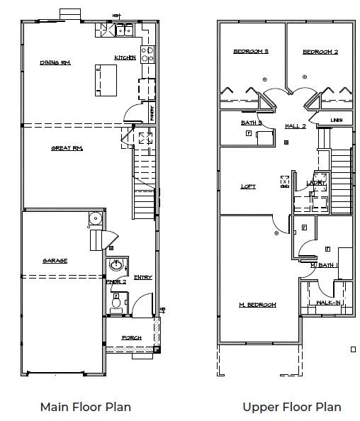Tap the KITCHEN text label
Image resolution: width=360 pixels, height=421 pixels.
coord(125,58)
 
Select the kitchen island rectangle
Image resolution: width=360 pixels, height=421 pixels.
coord(107,79)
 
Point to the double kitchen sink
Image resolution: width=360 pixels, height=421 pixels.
coord(125,30)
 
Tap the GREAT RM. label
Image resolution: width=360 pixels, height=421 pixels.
coord(67,148)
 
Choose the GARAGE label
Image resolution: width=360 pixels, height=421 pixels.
coord(55,261)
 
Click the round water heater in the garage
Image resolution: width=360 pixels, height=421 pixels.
coord(94,218)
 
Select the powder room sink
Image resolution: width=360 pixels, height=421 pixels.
coord(116,266)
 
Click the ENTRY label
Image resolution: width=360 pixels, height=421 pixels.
coord(142,277)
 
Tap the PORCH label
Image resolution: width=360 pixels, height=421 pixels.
coord(131,337)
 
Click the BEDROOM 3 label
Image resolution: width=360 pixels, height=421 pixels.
coord(251,51)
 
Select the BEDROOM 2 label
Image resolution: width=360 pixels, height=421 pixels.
coord(320,51)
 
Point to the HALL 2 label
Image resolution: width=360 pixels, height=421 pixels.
coord(295,126)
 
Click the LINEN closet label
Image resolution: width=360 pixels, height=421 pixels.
coord(337,120)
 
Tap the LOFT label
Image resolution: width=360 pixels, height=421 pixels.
coord(248,186)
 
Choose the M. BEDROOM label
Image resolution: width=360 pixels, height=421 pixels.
coord(257,305)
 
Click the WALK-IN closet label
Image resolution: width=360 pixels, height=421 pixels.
coord(329,303)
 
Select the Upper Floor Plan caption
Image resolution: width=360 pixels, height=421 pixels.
coord(291,407)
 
